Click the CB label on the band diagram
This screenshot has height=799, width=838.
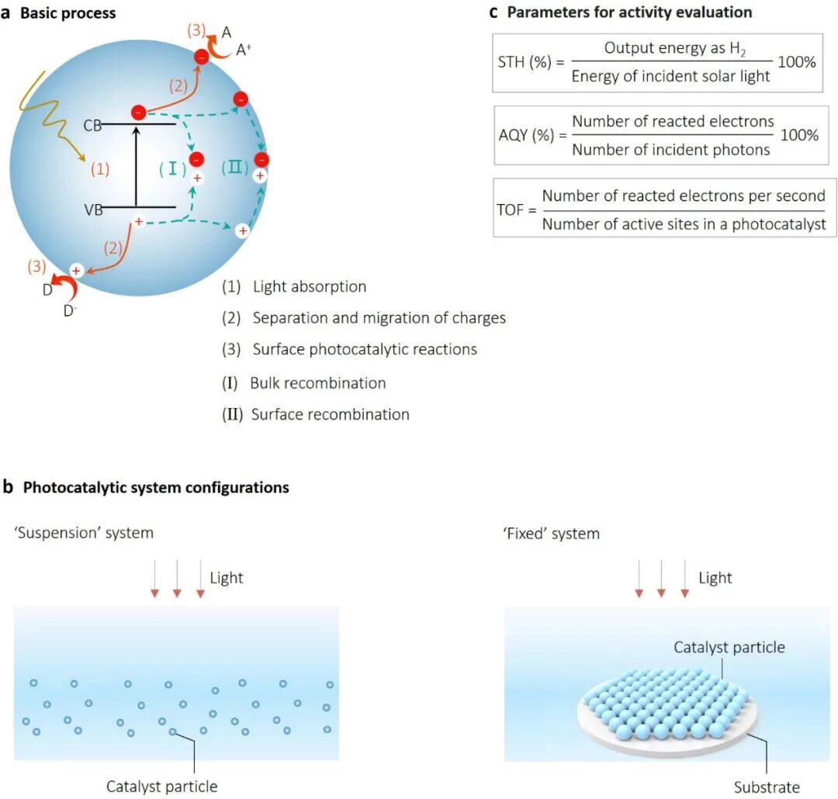tap(92, 126)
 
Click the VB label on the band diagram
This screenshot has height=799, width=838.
tap(92, 209)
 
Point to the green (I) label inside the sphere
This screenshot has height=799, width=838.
tap(171, 167)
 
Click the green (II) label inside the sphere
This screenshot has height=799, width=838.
tap(234, 167)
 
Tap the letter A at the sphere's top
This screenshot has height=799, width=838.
tap(227, 33)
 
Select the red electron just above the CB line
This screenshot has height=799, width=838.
tap(137, 112)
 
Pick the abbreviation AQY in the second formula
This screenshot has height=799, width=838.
tap(514, 134)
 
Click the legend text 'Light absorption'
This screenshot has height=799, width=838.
tap(309, 287)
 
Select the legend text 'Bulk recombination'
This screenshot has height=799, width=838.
tap(317, 383)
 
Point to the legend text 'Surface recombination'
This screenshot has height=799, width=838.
tap(330, 414)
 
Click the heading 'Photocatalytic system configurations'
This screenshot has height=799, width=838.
tap(155, 488)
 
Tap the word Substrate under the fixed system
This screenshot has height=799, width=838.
tap(767, 787)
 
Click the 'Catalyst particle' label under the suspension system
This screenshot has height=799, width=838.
tap(161, 787)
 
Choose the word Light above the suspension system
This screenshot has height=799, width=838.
tap(226, 578)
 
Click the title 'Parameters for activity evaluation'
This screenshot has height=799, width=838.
tap(629, 12)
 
